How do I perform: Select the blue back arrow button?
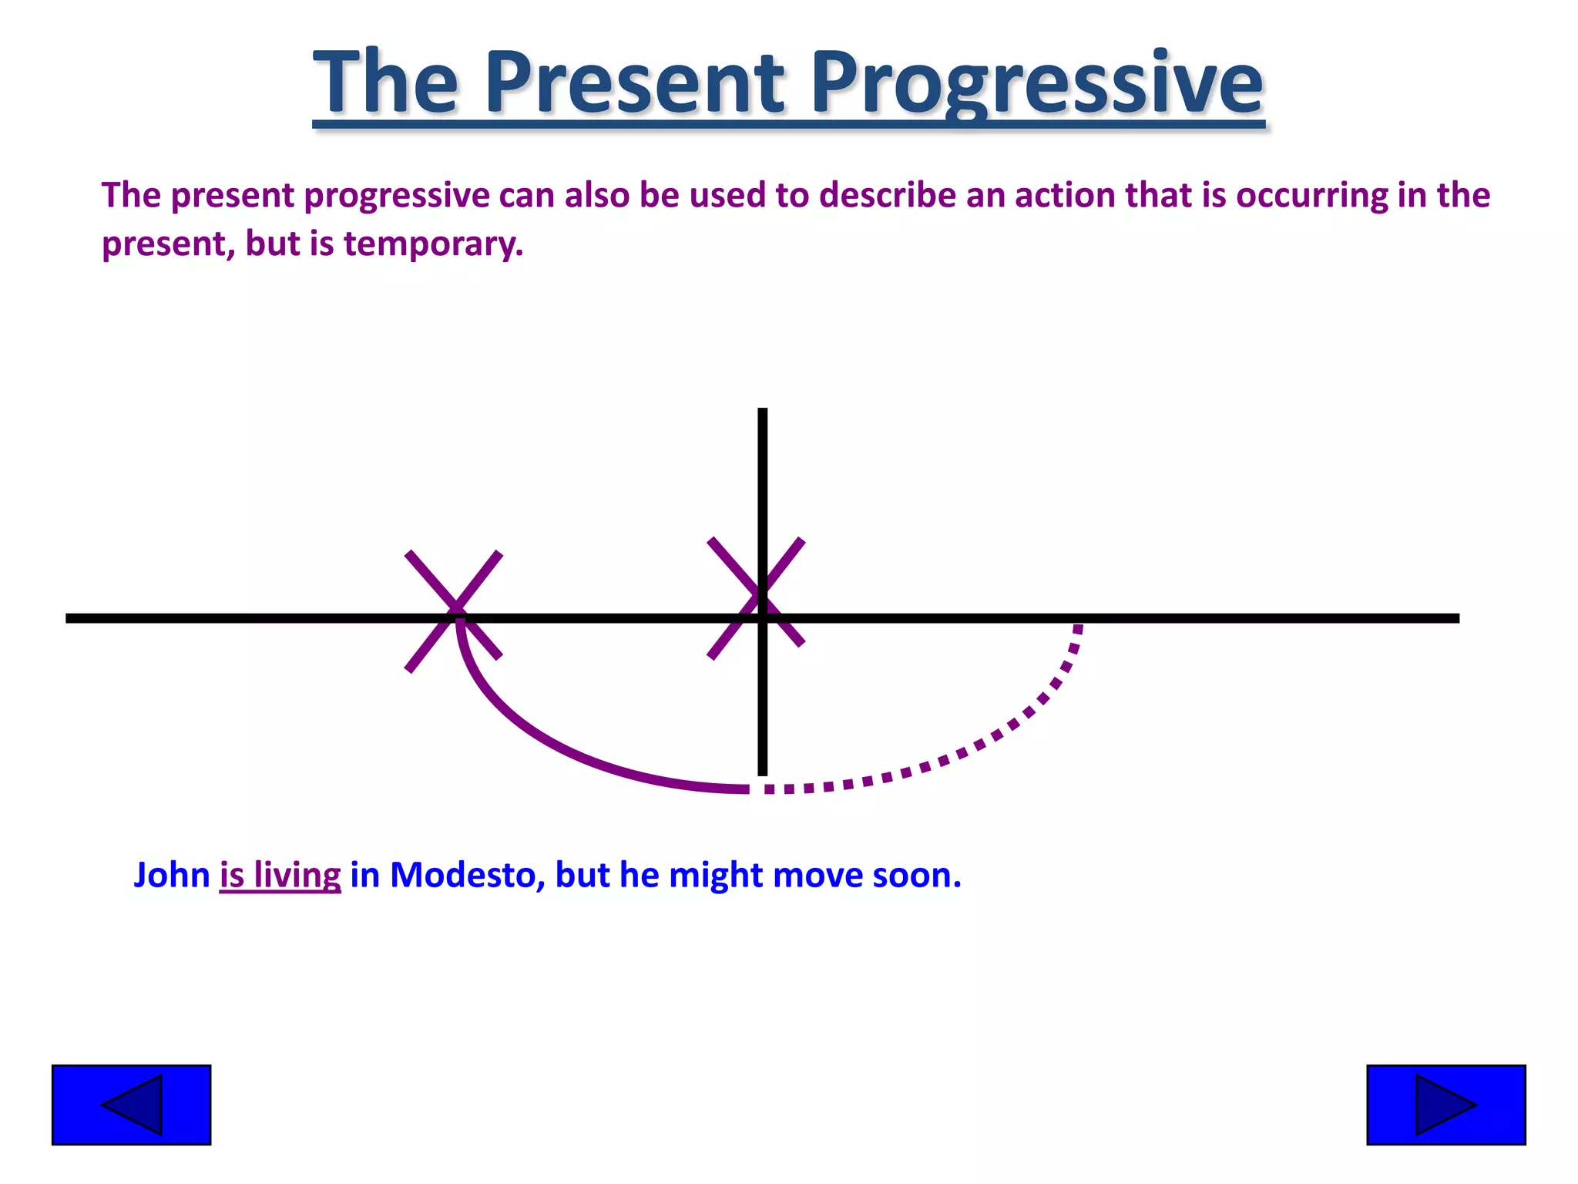(131, 1105)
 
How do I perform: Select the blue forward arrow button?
(1445, 1105)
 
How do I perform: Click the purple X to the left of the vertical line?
(454, 611)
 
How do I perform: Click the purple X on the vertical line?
(756, 597)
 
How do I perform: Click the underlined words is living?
(280, 876)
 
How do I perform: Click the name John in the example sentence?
(171, 876)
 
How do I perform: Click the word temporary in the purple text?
(432, 244)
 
